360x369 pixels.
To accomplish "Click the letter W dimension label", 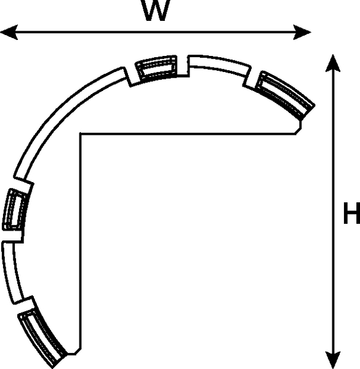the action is pos(156,10).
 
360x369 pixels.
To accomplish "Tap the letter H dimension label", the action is pos(351,213).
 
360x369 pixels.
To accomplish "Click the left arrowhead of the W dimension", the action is pos(9,32).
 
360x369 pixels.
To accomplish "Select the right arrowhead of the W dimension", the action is pos(302,32).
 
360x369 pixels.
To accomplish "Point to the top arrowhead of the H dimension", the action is pos(333,63).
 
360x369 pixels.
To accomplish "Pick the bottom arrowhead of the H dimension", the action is pos(333,360).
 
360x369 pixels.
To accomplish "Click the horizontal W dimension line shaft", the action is pos(156,32).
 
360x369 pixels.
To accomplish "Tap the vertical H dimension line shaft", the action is pos(333,212).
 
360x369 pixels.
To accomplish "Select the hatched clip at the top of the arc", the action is pos(156,68).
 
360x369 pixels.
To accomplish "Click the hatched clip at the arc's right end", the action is pos(286,95).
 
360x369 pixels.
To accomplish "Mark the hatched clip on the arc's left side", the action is pos(15,210).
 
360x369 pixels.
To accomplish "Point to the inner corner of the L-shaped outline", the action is pos(81,134).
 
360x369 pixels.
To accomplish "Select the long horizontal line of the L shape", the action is pos(188,134).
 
